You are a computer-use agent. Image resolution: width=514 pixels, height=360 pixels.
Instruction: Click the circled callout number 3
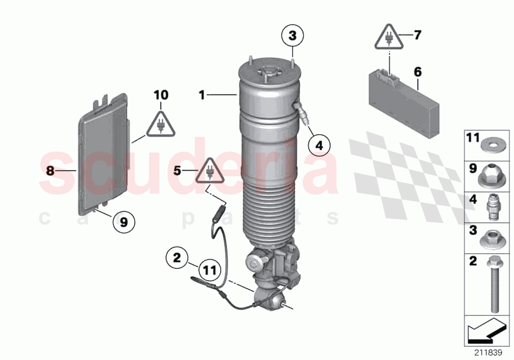pos(292,36)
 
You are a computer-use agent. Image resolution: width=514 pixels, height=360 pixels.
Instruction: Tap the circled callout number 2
pos(177,257)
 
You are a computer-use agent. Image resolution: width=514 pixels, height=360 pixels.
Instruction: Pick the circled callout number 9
pos(124,222)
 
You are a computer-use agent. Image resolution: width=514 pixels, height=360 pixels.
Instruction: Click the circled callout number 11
pos(209,270)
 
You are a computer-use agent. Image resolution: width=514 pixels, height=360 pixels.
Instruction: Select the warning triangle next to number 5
pos(210,171)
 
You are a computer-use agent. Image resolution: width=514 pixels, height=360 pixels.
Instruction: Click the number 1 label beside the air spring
pos(202,95)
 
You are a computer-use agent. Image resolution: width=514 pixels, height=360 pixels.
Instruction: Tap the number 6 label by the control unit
pos(418,72)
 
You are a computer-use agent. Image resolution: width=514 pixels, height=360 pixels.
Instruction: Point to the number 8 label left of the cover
pos(49,170)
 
